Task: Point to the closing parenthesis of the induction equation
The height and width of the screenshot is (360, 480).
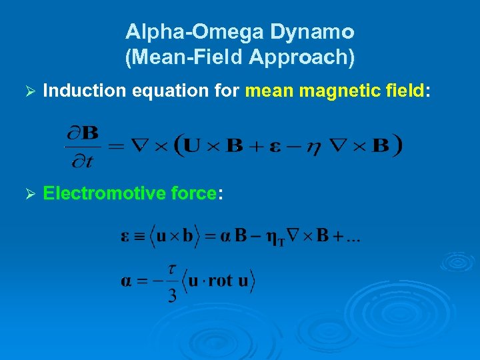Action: pyautogui.click(x=398, y=145)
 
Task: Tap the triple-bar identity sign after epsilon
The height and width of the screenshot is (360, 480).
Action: pyautogui.click(x=137, y=237)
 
